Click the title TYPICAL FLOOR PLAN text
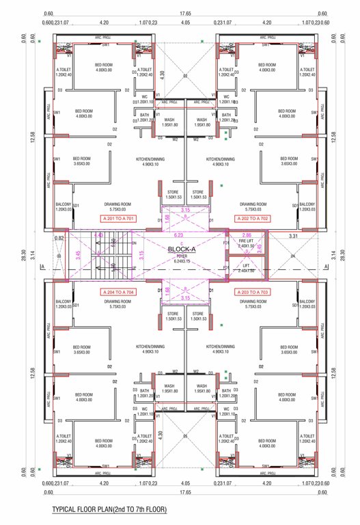coord(109,510)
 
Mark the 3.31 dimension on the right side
coord(294,236)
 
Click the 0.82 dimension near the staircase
coord(60,238)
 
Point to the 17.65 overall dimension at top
coord(185,13)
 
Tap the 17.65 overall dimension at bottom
coord(185,492)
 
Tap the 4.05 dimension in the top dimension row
coord(185,23)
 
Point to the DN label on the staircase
coord(133,243)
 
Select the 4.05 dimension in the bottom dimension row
coord(185,483)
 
